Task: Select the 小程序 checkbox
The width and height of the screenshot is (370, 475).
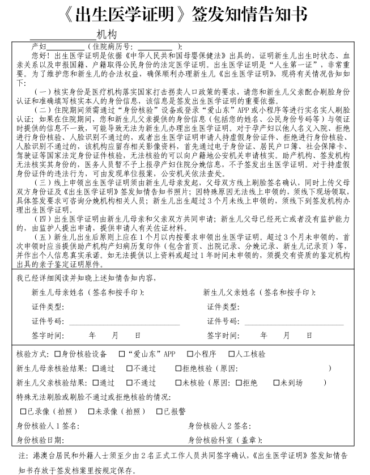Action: tap(190, 354)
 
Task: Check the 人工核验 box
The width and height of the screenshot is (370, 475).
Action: tap(239, 354)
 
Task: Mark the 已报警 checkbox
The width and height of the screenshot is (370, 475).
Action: tap(160, 411)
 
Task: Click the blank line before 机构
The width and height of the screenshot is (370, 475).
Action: tap(67, 35)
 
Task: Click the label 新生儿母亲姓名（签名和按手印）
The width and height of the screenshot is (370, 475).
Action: tap(88, 292)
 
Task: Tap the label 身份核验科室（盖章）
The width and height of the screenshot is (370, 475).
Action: tap(225, 440)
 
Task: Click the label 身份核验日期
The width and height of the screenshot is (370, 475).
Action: tap(40, 440)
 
